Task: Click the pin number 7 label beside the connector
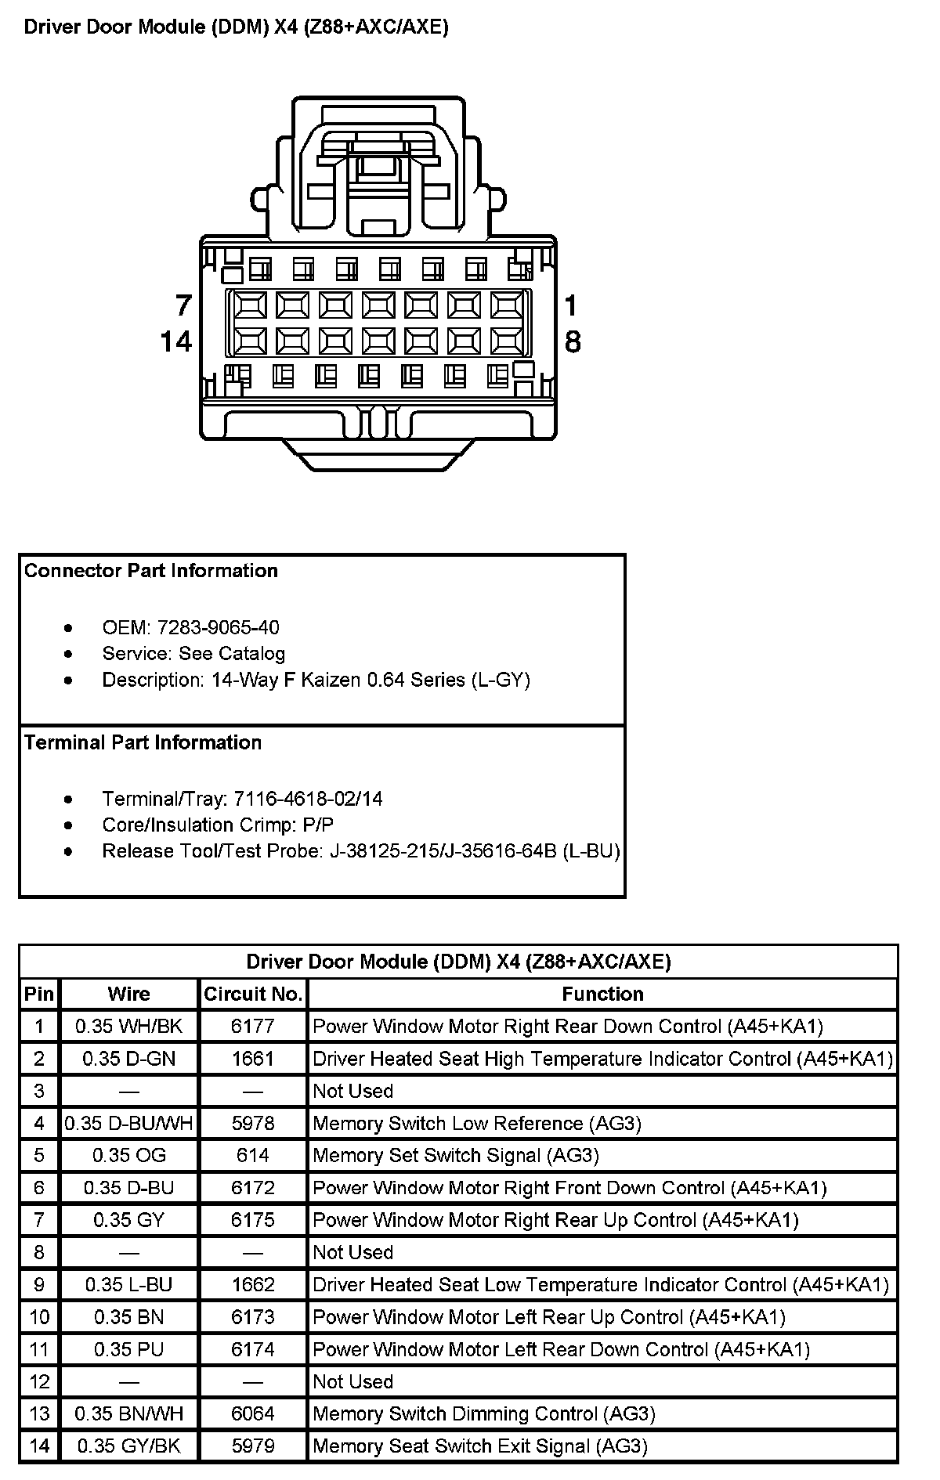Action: pyautogui.click(x=183, y=305)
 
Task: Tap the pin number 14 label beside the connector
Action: pyautogui.click(x=176, y=341)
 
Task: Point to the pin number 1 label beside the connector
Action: pyautogui.click(x=571, y=305)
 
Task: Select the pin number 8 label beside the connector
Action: pyautogui.click(x=573, y=341)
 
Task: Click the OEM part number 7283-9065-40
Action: pyautogui.click(x=218, y=627)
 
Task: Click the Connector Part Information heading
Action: pyautogui.click(x=151, y=571)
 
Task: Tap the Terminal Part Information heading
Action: pyautogui.click(x=143, y=742)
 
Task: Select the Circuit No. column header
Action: pyautogui.click(x=253, y=994)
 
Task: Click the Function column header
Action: pyautogui.click(x=602, y=994)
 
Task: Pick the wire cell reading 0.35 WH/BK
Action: pyautogui.click(x=129, y=1027)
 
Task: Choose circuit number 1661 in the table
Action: pyautogui.click(x=253, y=1059)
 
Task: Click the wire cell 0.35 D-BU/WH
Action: pyautogui.click(x=129, y=1124)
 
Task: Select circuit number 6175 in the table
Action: pyautogui.click(x=253, y=1220)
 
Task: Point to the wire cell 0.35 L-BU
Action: pyautogui.click(x=129, y=1285)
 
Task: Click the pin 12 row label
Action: pyautogui.click(x=39, y=1381)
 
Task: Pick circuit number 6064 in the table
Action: pyautogui.click(x=253, y=1413)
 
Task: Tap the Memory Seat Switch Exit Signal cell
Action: pyautogui.click(x=480, y=1446)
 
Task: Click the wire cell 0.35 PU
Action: pyautogui.click(x=129, y=1349)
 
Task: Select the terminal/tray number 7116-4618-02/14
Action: pyautogui.click(x=309, y=799)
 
